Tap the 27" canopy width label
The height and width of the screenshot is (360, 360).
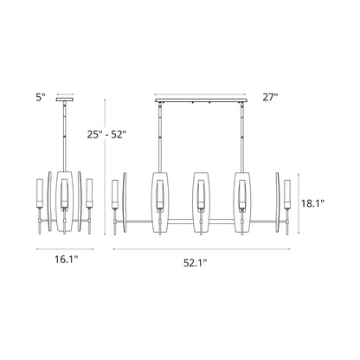coord(271,98)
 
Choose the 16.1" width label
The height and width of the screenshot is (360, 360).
coord(63,259)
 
